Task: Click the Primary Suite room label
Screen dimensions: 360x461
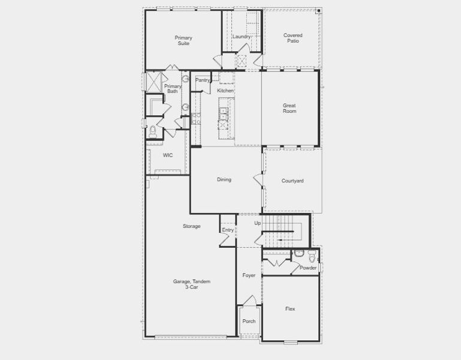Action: pos(183,41)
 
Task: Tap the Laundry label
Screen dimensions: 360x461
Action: pos(241,37)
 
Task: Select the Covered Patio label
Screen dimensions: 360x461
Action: pos(293,38)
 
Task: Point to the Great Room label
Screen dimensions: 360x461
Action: pos(290,108)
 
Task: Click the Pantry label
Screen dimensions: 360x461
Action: pos(203,80)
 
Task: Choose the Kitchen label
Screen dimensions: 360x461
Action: pos(225,91)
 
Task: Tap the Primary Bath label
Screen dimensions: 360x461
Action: pos(173,89)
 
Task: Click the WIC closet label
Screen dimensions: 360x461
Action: pos(168,155)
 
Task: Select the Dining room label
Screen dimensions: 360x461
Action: pos(224,179)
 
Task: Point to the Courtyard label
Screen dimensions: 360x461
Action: pos(293,181)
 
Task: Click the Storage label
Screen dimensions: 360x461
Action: pos(192,226)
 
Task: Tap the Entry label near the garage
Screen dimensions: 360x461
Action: pos(228,230)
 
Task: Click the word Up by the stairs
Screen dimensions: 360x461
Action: pos(258,223)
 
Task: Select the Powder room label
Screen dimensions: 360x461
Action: pos(308,268)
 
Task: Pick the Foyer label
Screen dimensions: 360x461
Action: pos(249,275)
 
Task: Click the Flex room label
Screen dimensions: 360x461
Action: pos(290,309)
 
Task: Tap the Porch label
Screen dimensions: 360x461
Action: pos(249,321)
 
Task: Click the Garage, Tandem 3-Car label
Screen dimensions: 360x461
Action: pos(192,284)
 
